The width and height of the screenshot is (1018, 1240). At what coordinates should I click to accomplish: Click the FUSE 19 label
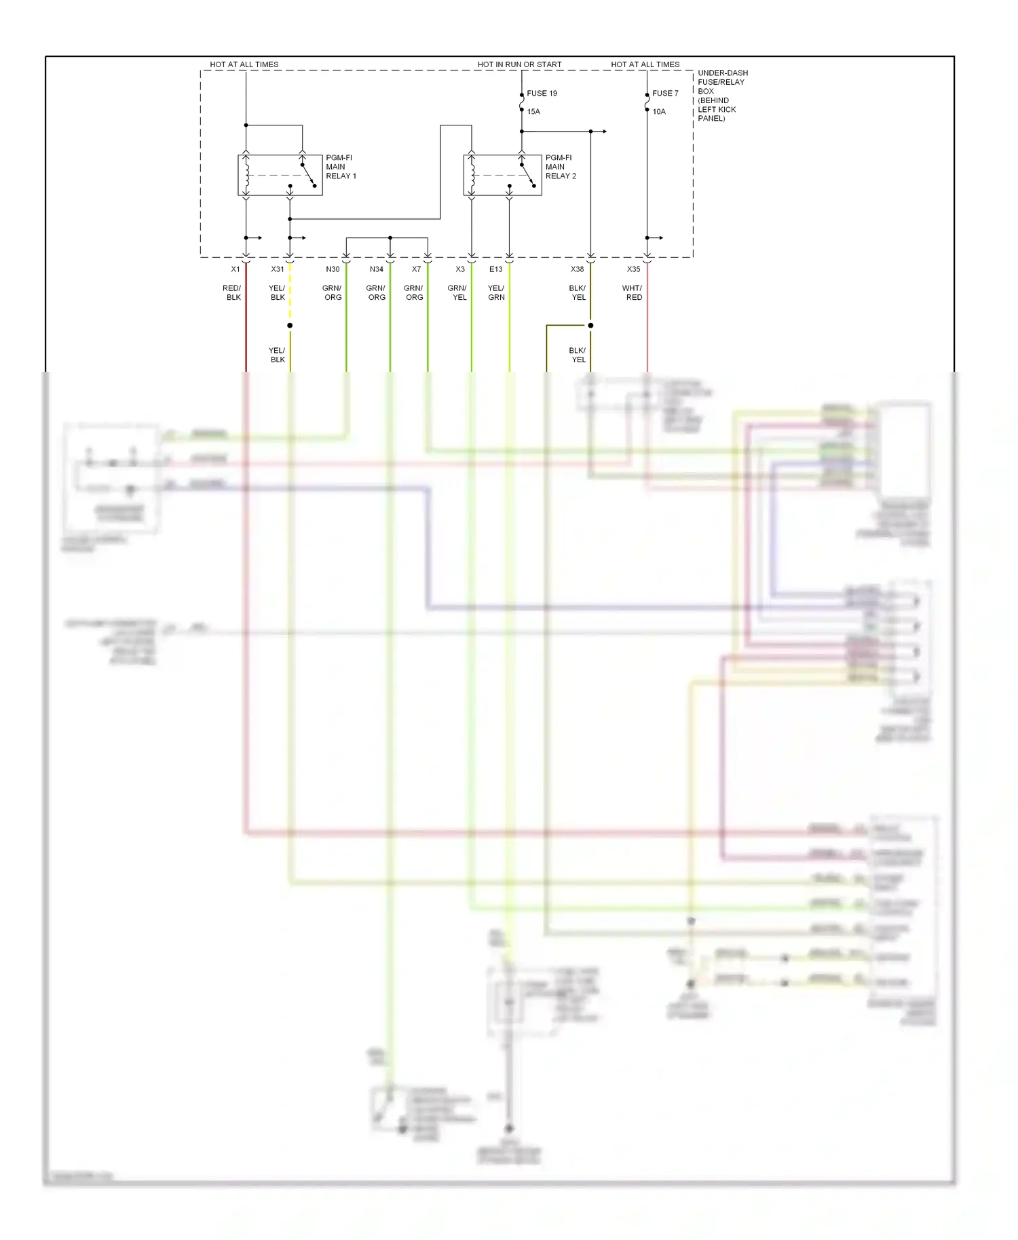(x=542, y=94)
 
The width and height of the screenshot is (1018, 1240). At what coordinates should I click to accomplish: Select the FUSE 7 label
(x=665, y=94)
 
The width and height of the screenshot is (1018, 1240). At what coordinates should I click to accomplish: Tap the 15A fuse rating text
(x=533, y=112)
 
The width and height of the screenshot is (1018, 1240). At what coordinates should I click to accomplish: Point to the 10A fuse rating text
(x=659, y=112)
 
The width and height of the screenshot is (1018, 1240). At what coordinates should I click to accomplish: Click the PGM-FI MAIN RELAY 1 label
(x=341, y=167)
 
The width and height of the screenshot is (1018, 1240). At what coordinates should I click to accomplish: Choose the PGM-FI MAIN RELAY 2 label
(x=561, y=167)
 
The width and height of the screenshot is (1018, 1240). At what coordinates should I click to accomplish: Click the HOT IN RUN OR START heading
(x=519, y=64)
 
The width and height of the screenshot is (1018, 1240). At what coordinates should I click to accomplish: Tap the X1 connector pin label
(x=235, y=269)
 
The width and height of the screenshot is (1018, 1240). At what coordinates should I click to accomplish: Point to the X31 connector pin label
(x=278, y=269)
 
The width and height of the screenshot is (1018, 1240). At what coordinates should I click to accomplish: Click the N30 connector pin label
(x=333, y=269)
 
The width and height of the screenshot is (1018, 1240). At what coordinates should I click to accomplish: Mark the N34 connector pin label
(x=377, y=269)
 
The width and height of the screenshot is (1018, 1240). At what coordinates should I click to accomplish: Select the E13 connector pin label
(x=496, y=269)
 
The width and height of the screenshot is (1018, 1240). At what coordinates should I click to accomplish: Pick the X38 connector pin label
(x=577, y=269)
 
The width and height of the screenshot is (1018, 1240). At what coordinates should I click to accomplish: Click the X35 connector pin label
(x=633, y=269)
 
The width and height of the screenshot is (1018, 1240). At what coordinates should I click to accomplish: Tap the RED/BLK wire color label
(x=232, y=293)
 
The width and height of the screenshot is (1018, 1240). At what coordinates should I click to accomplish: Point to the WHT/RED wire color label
(x=633, y=293)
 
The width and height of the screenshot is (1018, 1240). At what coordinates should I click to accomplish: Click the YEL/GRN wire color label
(x=496, y=293)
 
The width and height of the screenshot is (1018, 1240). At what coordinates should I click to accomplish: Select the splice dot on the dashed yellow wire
(x=290, y=326)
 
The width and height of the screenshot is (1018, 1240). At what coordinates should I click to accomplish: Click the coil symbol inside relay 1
(x=247, y=175)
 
